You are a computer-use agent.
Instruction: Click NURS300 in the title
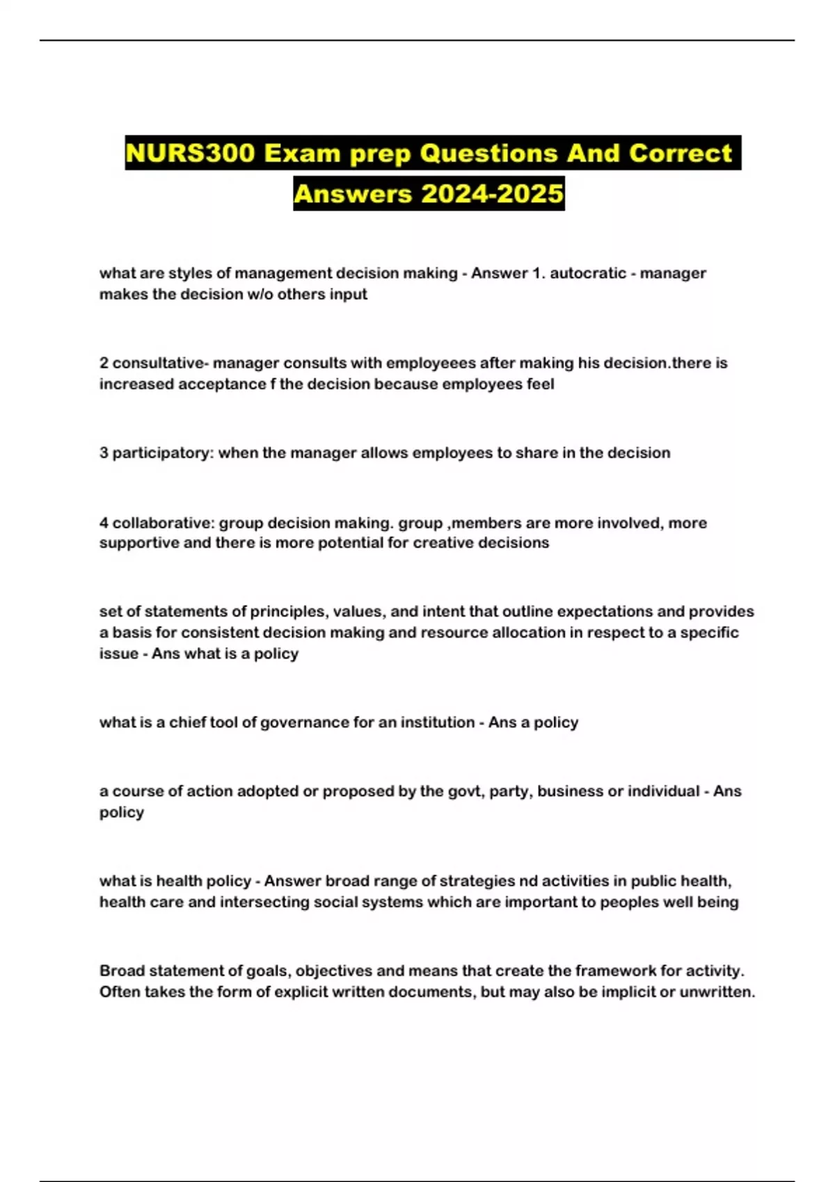click(x=191, y=153)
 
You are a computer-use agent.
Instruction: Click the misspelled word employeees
click(x=431, y=363)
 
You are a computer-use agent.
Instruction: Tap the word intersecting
click(x=265, y=902)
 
